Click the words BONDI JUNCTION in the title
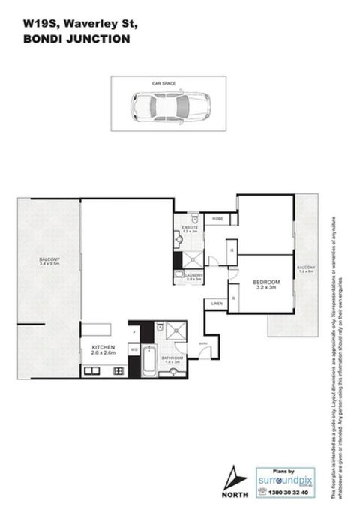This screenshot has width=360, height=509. pos(73,40)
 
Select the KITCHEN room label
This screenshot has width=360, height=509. pos(103,348)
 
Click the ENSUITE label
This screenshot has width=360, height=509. pos(189,226)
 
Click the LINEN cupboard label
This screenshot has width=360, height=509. pos(217,303)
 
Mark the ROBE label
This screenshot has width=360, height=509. pos(218,218)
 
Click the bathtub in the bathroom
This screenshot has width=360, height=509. pos(147,362)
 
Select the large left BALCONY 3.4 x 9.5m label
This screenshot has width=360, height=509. pos(49,262)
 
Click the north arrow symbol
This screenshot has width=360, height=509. pos(234,475)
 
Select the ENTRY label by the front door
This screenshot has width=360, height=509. pos(203,344)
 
